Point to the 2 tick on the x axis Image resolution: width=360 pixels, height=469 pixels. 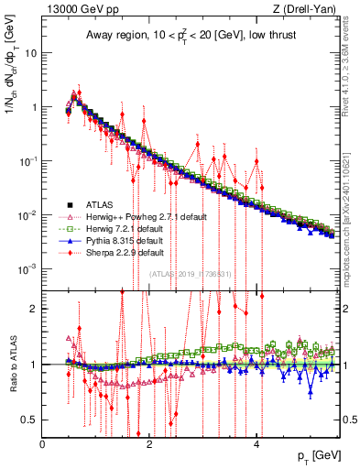click(x=150, y=443)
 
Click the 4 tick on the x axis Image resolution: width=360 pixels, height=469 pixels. click(x=257, y=443)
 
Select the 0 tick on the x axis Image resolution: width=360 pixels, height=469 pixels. click(x=43, y=443)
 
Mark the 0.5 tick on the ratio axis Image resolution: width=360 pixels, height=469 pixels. click(x=30, y=420)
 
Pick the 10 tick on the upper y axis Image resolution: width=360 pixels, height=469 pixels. click(x=30, y=52)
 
